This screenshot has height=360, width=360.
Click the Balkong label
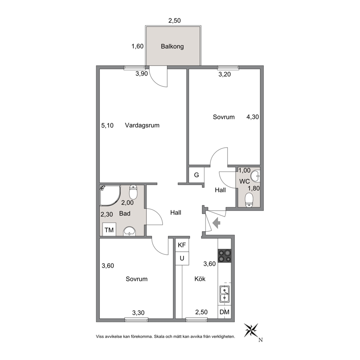point(172,46)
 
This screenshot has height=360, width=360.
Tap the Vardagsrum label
point(142,125)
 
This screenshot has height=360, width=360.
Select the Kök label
point(200,279)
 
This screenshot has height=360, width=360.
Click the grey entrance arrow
point(217,223)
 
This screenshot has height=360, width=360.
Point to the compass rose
point(251,330)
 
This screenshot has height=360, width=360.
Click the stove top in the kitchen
point(225,256)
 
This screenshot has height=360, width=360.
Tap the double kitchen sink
point(225,294)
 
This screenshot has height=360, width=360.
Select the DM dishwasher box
point(225,312)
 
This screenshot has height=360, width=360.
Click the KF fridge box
point(182,245)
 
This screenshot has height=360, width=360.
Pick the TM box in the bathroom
point(109,229)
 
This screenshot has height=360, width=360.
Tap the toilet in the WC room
point(249,200)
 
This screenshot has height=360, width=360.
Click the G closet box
point(196,175)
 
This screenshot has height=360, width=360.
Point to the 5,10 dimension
point(107,126)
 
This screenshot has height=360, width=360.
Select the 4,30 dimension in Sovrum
point(253,117)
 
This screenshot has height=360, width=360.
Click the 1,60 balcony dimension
point(138,46)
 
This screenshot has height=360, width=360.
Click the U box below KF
point(182,258)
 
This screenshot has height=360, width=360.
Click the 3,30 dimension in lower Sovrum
point(138,313)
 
